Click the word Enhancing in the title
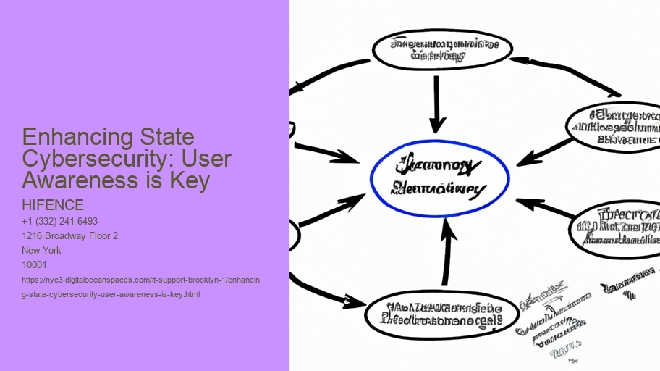pos(68,137)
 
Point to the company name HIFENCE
pos(53,206)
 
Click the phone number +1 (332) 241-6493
pos(60,221)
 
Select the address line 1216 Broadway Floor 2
pos(70,235)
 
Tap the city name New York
pos(41,250)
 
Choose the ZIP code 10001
pos(35,264)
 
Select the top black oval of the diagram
pos(441,48)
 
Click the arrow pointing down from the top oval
pos(436,105)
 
